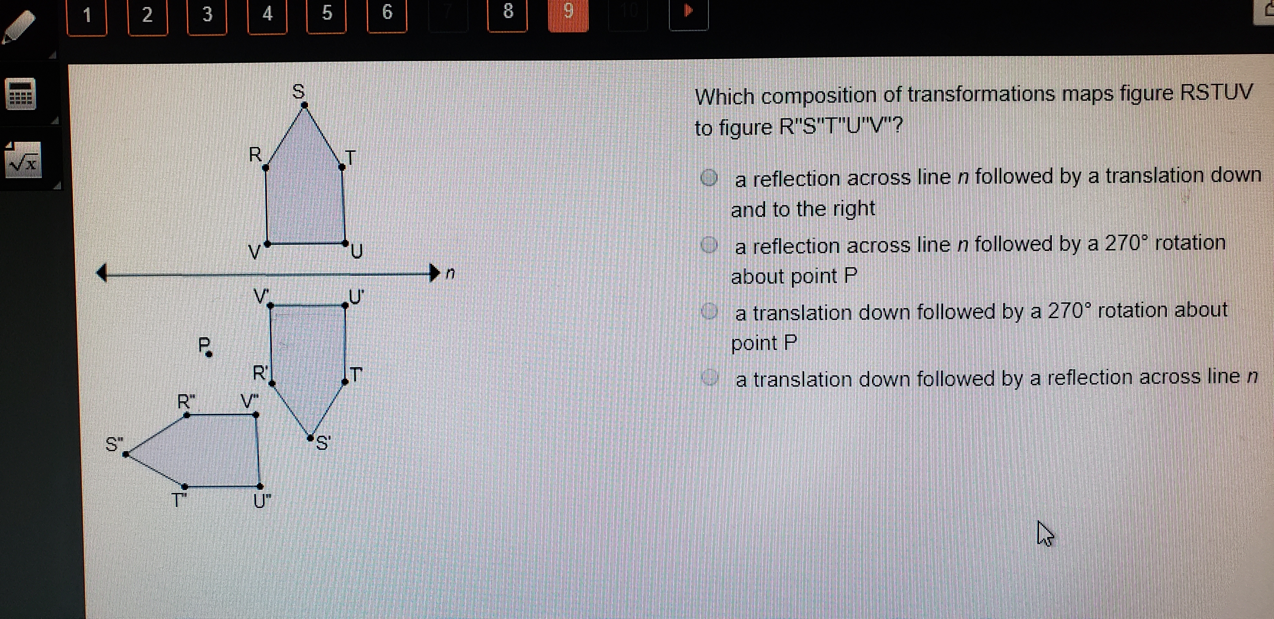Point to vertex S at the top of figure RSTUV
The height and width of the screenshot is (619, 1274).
tap(304, 105)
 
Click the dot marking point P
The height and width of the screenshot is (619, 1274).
tap(209, 354)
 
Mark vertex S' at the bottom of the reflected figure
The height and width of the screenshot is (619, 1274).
tap(310, 437)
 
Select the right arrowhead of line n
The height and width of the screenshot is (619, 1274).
tap(434, 273)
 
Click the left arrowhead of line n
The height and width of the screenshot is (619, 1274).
tap(102, 273)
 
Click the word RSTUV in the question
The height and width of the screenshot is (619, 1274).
tap(1216, 93)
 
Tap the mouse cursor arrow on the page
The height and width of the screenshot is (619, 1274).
tap(1044, 533)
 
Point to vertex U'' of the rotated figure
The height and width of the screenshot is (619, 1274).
tap(260, 486)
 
